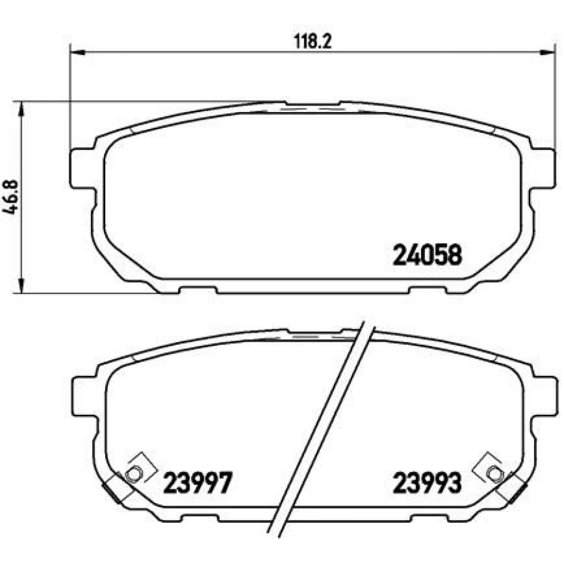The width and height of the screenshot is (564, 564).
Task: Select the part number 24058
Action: click(427, 254)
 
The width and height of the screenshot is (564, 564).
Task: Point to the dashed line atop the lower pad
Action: click(313, 337)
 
